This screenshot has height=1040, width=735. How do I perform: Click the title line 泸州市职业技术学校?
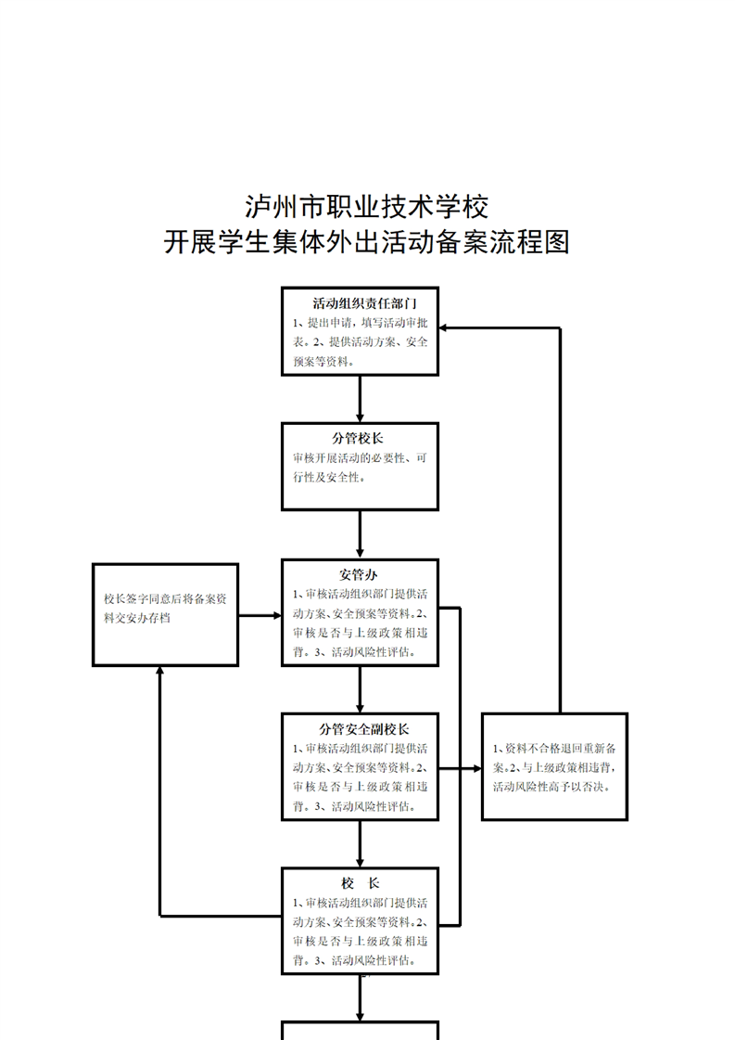tap(367, 204)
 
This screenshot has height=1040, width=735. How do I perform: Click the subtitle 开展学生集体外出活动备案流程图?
tap(367, 243)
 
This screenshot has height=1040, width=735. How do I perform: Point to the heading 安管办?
tap(359, 575)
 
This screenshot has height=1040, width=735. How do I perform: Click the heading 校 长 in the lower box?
tap(361, 883)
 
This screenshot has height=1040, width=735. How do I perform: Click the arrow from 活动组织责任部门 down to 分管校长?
tap(360, 399)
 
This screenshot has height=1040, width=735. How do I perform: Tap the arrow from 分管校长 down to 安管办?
tap(360, 534)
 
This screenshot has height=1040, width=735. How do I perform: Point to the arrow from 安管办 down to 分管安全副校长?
tap(360, 688)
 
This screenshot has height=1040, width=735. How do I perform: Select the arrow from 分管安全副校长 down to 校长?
tap(360, 843)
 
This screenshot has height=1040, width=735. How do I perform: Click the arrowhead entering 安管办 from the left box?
tap(276, 614)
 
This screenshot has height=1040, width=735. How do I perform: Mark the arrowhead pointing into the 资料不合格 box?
tap(475, 768)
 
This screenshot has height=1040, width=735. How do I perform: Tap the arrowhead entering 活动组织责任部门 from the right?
tap(445, 327)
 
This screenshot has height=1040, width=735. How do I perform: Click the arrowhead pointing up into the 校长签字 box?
tap(160, 672)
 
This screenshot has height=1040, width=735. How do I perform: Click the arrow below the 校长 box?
tap(360, 998)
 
